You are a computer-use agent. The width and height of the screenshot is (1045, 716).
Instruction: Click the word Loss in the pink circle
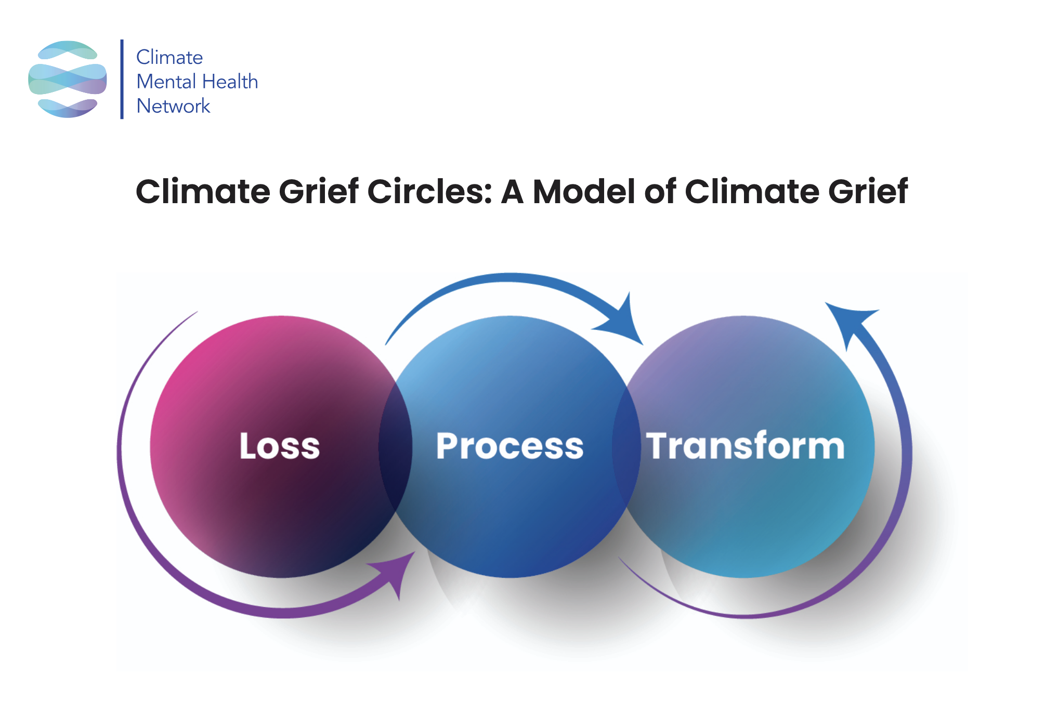click(x=280, y=446)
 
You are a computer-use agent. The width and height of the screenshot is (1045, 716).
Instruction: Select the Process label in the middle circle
click(x=510, y=446)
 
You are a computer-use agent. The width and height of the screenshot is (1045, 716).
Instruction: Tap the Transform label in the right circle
click(x=745, y=446)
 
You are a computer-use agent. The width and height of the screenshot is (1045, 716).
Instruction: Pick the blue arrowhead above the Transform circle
click(x=850, y=320)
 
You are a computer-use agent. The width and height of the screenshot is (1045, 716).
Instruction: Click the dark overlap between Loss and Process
click(x=396, y=447)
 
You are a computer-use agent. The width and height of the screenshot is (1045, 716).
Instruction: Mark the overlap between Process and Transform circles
click(x=626, y=447)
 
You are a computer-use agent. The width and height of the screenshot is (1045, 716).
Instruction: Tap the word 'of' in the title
click(x=660, y=191)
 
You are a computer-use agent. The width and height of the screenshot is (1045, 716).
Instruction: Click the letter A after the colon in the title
click(x=512, y=191)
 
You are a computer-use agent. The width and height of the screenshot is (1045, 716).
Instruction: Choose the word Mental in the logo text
click(x=166, y=82)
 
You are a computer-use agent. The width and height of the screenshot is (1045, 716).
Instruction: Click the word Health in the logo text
click(x=230, y=82)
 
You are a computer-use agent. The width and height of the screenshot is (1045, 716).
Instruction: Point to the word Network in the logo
click(x=173, y=106)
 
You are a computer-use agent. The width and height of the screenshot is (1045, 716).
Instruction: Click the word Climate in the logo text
click(x=169, y=57)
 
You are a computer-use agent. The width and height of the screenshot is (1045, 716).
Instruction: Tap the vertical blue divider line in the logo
click(x=122, y=79)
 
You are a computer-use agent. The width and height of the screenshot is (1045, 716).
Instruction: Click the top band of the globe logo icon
click(x=68, y=50)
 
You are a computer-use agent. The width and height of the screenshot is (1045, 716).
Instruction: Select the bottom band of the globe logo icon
click(x=68, y=108)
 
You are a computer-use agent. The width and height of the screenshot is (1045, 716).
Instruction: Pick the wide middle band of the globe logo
click(x=68, y=79)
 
